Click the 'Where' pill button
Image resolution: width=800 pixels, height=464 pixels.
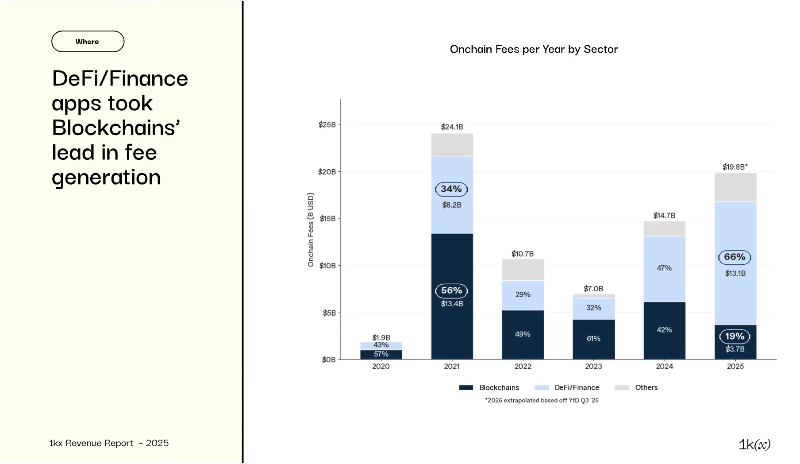click(x=88, y=42)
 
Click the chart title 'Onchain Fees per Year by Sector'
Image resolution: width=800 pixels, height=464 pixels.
click(x=534, y=49)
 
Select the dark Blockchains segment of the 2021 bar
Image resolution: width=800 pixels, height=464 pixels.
click(x=452, y=328)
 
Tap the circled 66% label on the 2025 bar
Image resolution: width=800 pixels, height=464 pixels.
click(x=735, y=257)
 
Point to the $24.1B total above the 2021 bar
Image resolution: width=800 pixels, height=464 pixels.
click(x=452, y=127)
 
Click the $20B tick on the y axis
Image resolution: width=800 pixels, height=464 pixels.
click(x=327, y=172)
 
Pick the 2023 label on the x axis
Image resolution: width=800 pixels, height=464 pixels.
click(x=593, y=366)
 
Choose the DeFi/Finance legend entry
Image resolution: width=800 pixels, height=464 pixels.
click(x=576, y=387)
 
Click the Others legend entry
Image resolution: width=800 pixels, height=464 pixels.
click(x=646, y=387)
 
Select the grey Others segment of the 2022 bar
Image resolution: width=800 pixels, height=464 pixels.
click(x=523, y=270)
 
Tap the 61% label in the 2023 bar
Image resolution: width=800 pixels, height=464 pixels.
click(x=593, y=339)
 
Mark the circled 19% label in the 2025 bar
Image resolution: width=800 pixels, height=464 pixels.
click(x=735, y=336)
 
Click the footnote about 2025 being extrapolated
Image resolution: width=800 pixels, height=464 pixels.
click(x=542, y=400)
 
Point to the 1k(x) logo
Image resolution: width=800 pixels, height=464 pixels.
click(x=754, y=444)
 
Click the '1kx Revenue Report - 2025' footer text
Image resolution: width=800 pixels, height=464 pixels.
click(x=109, y=443)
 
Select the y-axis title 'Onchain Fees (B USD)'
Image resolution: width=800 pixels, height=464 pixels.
click(x=311, y=230)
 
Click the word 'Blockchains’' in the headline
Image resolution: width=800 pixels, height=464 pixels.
click(x=116, y=128)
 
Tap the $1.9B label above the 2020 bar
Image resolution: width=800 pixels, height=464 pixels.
click(x=381, y=337)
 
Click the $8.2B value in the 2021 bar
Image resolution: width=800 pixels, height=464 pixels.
click(x=452, y=205)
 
